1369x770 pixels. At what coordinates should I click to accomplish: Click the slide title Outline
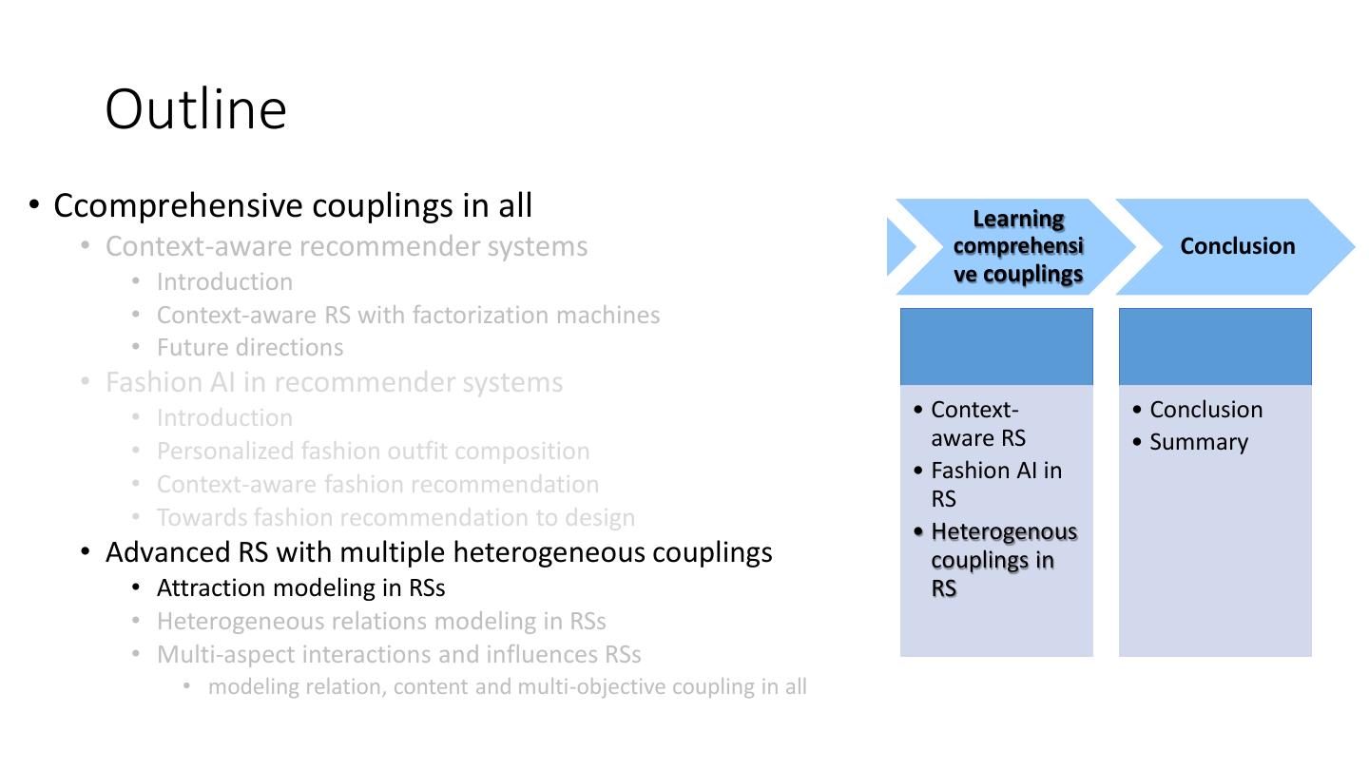196,108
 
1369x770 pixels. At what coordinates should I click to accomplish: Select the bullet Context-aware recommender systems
346,246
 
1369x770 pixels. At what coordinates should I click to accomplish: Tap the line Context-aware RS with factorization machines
408,315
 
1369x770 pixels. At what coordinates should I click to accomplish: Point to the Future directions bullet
250,347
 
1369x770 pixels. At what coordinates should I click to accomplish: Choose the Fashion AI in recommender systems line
334,382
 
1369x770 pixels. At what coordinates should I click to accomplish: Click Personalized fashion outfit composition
373,451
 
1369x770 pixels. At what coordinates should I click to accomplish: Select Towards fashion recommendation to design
395,517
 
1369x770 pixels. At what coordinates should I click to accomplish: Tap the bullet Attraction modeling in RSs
300,587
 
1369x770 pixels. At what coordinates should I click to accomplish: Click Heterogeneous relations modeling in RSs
381,621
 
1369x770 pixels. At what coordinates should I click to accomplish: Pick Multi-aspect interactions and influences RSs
398,654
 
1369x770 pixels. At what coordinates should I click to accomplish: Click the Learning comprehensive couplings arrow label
1018,246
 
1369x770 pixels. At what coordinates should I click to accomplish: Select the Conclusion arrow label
1237,246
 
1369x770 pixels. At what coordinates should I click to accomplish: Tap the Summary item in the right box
1198,442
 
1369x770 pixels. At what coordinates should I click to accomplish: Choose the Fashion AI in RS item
995,484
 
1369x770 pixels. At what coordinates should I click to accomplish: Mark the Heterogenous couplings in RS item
1003,560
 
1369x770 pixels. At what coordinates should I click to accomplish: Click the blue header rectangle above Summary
1215,346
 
